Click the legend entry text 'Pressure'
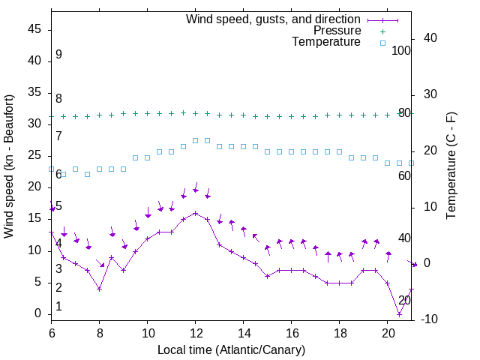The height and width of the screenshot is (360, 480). point(337,31)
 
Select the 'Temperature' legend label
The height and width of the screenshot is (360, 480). point(326,42)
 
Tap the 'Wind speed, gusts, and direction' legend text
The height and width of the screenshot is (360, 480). point(274,19)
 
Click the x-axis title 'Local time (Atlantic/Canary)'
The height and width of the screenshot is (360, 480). point(231,350)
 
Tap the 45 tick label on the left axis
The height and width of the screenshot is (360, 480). point(34,29)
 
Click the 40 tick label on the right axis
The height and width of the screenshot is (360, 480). point(430,38)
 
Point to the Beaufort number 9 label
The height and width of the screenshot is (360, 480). point(58,55)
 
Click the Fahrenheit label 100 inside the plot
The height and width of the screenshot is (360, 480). point(401,50)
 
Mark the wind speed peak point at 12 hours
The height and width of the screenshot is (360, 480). point(195,213)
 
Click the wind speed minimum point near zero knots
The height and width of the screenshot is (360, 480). point(399,313)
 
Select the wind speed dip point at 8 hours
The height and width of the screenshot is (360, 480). point(99,289)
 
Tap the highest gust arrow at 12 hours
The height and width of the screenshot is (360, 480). point(196,189)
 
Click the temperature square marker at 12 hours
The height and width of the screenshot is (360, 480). point(195,140)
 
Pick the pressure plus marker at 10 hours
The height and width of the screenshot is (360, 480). point(148,114)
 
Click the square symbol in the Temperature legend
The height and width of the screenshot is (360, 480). point(382,43)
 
